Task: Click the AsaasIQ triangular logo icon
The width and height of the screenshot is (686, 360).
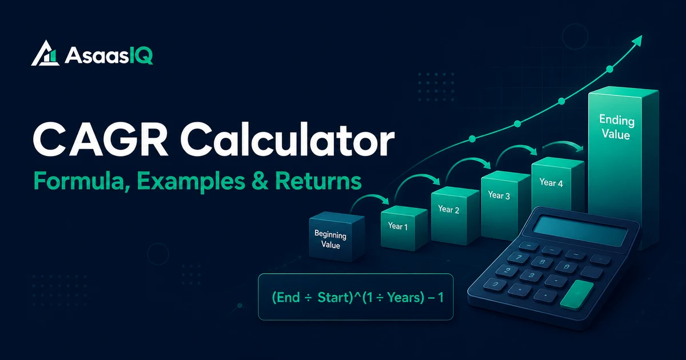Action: [45, 54]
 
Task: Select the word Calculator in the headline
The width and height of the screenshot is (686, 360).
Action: [287, 141]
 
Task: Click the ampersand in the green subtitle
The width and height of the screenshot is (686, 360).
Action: [260, 181]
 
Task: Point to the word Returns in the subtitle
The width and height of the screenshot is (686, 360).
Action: [318, 181]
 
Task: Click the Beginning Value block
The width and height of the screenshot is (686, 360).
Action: [337, 237]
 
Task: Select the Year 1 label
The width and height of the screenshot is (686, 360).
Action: [397, 226]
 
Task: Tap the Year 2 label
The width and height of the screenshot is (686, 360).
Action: [448, 209]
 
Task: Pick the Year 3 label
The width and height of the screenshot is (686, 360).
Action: [499, 195]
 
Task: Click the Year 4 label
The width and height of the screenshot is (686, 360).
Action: [551, 183]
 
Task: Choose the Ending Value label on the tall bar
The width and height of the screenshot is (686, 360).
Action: [616, 127]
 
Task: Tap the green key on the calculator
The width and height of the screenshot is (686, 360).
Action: [577, 294]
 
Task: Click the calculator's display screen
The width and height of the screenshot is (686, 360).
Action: [580, 231]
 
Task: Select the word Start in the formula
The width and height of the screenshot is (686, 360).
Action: [333, 297]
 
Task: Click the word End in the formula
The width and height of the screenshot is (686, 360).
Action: [288, 298]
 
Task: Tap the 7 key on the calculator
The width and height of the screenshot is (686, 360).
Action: [518, 258]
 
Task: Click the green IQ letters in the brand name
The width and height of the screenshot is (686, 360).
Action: [141, 56]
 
